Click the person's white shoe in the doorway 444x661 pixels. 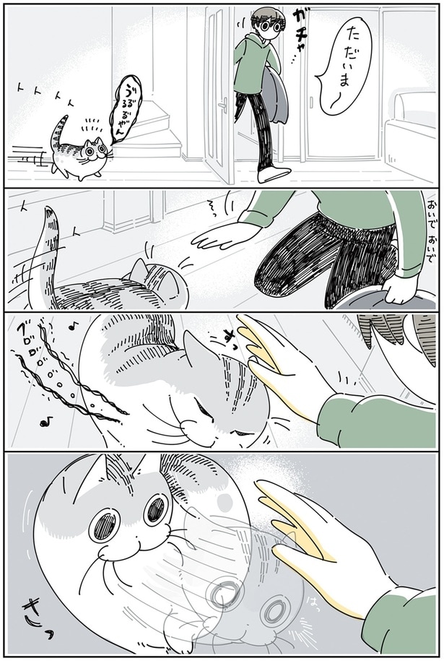point(274,173)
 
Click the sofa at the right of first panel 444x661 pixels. point(412,134)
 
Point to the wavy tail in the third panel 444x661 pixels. point(69,376)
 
